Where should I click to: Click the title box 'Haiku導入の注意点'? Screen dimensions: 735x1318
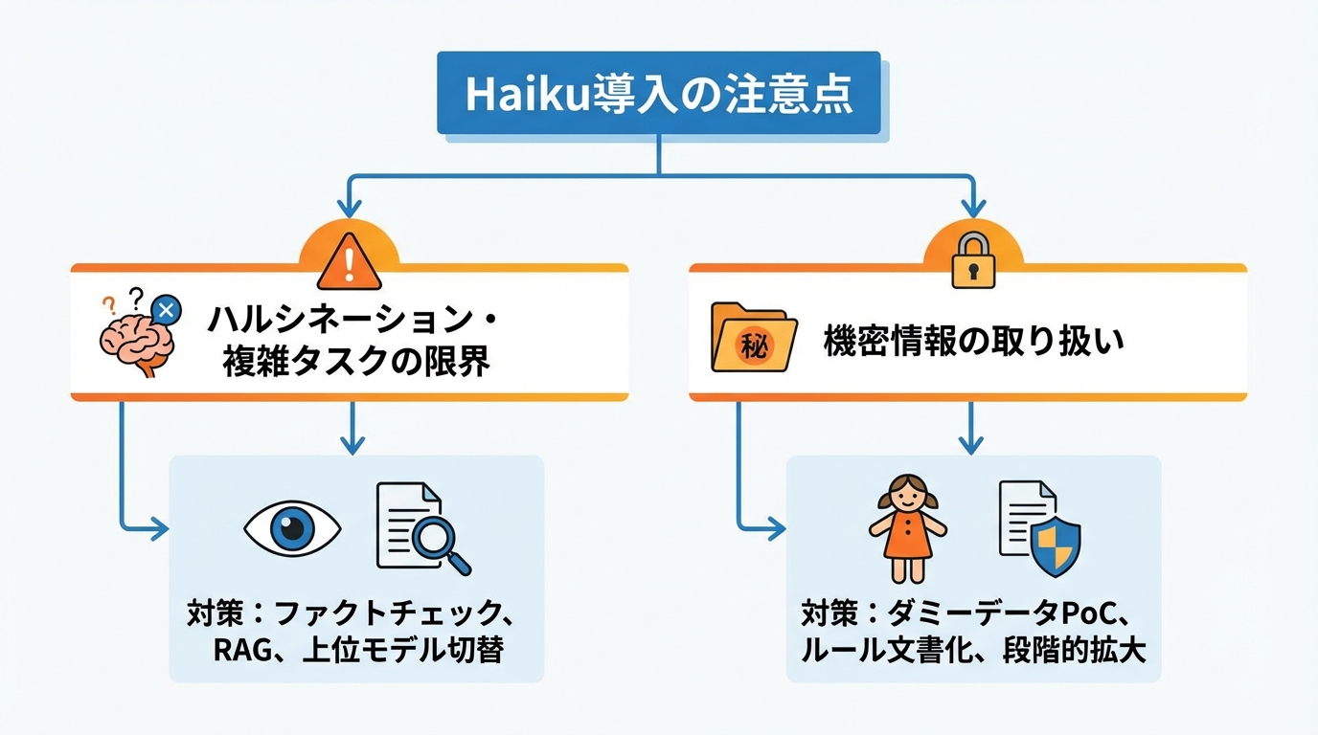(x=658, y=93)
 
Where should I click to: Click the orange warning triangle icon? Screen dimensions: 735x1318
(x=349, y=260)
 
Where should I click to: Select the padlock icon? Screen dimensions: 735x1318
(x=973, y=259)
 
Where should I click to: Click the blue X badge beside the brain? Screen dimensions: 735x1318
(x=167, y=309)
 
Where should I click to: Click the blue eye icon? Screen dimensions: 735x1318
(x=293, y=526)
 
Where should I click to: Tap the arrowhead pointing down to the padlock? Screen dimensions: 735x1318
(x=973, y=208)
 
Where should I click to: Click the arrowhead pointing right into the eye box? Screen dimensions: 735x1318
(x=159, y=526)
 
